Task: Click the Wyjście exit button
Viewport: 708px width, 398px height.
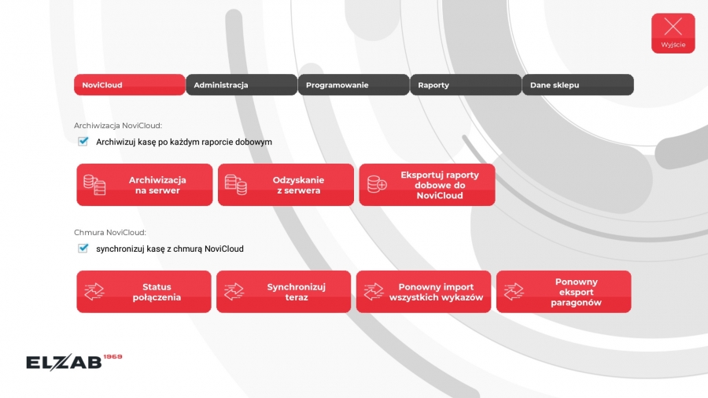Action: [673, 33]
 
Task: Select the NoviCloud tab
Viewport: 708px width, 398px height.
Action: [130, 85]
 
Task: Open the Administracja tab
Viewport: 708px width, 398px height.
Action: [242, 85]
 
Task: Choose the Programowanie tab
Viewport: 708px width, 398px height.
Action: [353, 85]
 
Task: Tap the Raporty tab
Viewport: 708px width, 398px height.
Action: [466, 85]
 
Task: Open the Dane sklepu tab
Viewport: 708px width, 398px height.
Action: [578, 85]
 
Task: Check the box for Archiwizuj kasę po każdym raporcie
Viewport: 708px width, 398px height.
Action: [83, 142]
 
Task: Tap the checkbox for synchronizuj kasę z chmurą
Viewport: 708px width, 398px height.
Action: [83, 249]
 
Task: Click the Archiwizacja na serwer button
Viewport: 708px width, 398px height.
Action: [145, 185]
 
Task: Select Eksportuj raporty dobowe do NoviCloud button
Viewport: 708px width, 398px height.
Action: [427, 185]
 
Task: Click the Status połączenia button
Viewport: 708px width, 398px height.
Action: [144, 292]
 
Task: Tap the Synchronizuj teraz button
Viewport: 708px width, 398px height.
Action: [283, 292]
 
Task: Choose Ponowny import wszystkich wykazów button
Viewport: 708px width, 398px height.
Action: [423, 292]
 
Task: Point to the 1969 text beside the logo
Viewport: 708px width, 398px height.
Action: [112, 356]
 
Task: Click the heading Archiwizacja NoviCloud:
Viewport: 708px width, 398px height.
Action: [118, 125]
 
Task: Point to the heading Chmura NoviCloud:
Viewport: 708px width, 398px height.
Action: [110, 232]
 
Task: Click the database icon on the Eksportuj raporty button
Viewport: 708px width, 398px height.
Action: [377, 184]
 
